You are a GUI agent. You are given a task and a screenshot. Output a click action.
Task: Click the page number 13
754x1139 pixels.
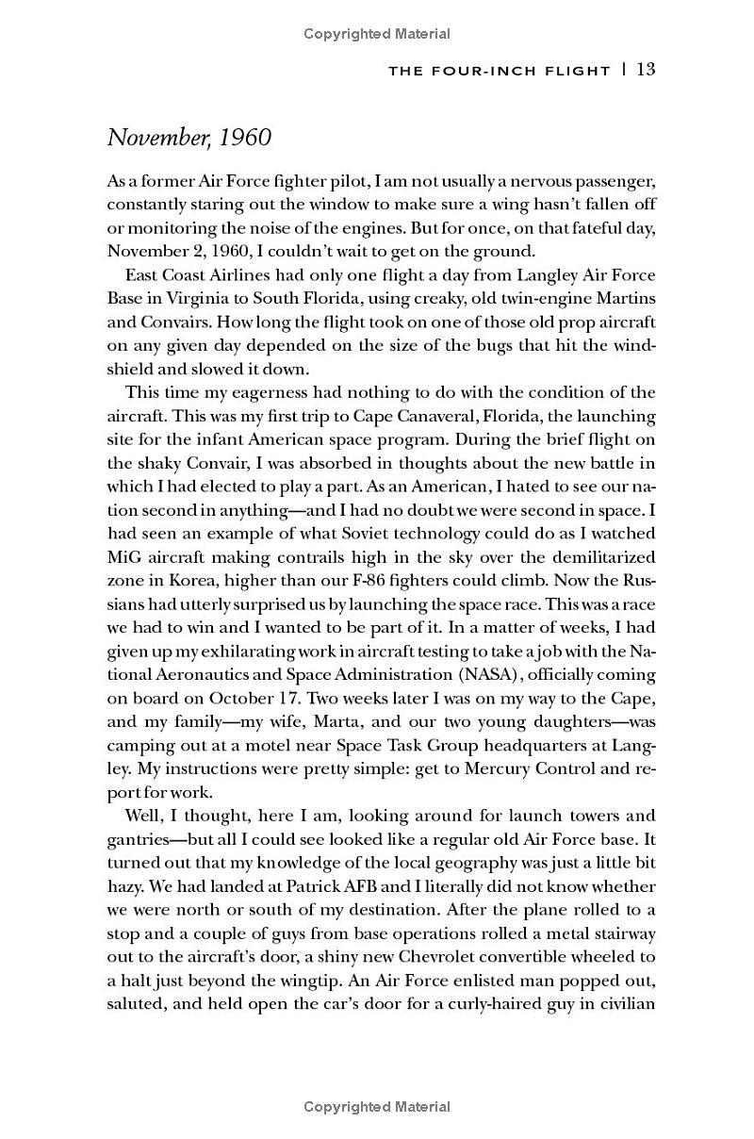(x=646, y=69)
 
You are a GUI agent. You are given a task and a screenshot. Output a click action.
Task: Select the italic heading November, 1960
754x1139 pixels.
(x=189, y=138)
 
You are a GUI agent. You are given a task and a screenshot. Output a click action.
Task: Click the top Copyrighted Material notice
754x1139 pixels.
(x=377, y=34)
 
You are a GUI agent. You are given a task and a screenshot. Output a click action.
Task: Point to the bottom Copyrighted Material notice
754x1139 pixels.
(x=377, y=1107)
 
